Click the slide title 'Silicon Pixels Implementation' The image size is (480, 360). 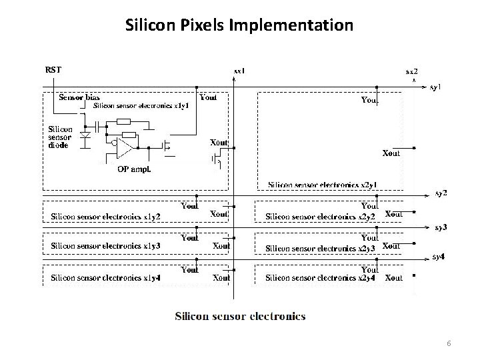239,26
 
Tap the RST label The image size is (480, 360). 53,69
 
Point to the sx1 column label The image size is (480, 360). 239,70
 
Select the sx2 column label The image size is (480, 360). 413,71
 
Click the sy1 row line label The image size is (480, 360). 435,87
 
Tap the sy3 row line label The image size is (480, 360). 441,227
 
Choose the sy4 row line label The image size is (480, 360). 439,256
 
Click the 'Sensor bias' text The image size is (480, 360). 79,97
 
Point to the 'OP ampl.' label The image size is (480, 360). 133,169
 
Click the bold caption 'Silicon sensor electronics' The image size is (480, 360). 240,315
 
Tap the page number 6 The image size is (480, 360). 449,343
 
